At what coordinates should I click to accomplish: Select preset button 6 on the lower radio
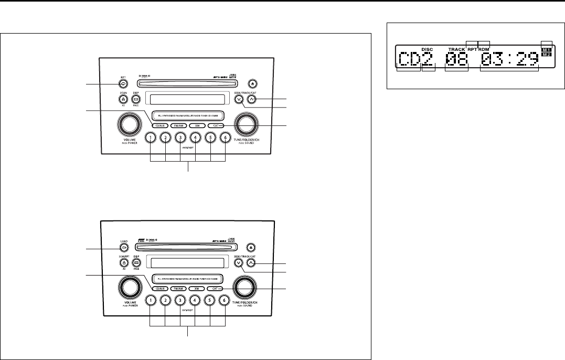pyautogui.click(x=225, y=301)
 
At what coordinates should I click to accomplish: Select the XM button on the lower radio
pyautogui.click(x=197, y=289)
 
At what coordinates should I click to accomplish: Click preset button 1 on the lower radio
pyautogui.click(x=150, y=301)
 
